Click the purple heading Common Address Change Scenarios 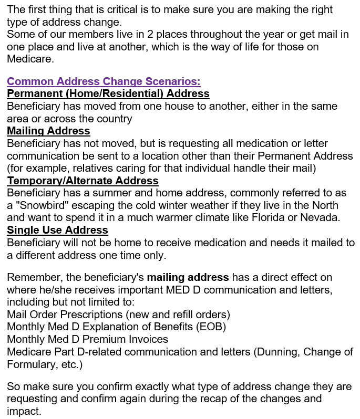(104, 81)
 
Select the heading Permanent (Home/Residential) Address (108, 93)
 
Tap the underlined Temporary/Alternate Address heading (83, 181)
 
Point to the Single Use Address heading (57, 230)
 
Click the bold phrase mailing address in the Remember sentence (188, 277)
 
